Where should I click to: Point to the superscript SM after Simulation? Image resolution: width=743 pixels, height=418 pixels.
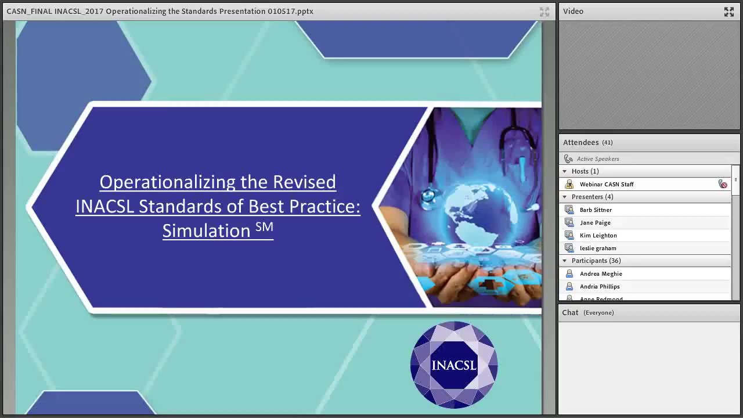point(264,227)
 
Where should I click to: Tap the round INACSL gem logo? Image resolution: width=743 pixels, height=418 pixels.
point(454,365)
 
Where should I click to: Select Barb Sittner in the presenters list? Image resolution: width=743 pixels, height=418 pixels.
point(596,210)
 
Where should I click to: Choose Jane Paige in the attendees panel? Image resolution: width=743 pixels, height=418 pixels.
point(595,223)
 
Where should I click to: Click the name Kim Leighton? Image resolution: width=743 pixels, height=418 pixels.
point(598,236)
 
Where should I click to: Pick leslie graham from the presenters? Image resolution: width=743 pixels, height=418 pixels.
point(598,248)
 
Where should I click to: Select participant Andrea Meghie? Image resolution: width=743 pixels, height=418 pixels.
point(601,274)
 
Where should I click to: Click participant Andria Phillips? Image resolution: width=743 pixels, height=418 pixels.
point(600,287)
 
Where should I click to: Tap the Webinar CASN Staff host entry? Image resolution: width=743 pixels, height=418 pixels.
point(607,185)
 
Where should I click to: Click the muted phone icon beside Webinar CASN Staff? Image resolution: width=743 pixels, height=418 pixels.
point(723,185)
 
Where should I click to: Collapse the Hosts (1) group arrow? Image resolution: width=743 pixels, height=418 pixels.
point(565,172)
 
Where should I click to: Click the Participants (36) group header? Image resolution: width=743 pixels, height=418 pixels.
point(596,261)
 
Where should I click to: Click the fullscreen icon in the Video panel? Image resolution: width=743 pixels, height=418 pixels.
point(729,12)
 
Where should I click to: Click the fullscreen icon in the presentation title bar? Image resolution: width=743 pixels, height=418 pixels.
point(544,12)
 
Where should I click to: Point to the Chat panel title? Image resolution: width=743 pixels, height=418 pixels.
point(570,313)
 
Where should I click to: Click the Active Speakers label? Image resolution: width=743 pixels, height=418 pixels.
point(598,159)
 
